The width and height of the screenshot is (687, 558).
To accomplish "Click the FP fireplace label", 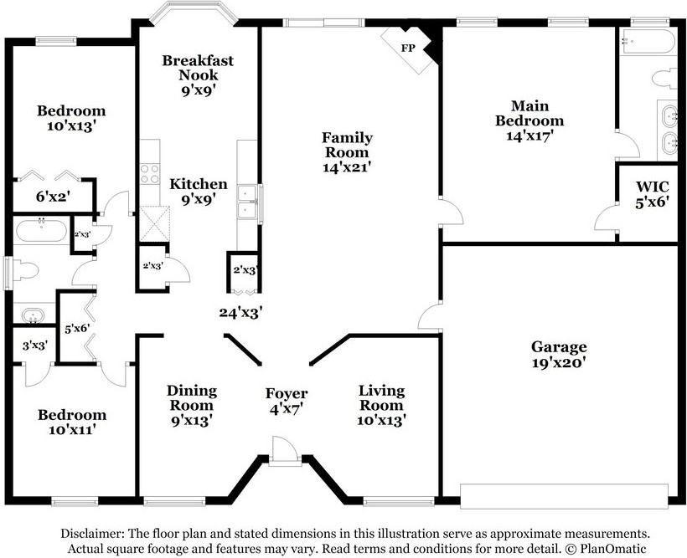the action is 408,48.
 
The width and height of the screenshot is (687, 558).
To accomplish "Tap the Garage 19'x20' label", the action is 559,355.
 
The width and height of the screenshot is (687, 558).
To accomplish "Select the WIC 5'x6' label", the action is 653,194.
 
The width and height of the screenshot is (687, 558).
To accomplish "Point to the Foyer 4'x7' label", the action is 287,401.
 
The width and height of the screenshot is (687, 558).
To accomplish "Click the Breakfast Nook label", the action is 198,68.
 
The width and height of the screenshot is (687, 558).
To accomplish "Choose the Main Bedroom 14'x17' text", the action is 529,120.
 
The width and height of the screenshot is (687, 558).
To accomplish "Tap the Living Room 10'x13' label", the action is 381,405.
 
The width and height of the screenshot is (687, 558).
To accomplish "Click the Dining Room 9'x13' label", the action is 192,405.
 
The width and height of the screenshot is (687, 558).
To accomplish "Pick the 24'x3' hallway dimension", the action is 241,313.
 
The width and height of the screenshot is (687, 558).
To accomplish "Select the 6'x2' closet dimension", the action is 54,197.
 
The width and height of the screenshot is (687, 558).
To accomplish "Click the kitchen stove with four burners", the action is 150,174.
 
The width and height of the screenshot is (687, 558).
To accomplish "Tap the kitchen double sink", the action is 247,202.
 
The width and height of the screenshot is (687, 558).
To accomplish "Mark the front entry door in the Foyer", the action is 284,450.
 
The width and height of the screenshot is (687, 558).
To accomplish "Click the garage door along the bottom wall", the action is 565,496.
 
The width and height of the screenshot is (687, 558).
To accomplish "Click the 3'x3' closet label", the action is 35,345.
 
